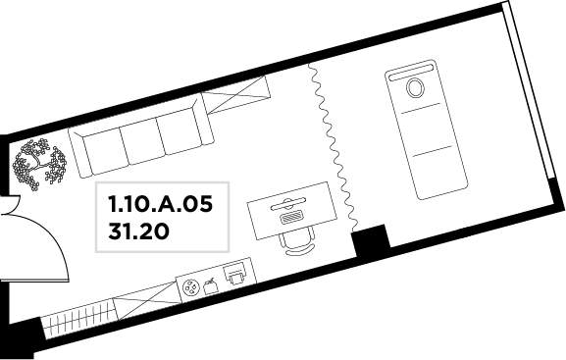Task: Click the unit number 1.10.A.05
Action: (161, 205)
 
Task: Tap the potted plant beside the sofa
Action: (40, 164)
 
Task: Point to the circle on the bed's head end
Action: (414, 88)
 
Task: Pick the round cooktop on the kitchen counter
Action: (189, 288)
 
